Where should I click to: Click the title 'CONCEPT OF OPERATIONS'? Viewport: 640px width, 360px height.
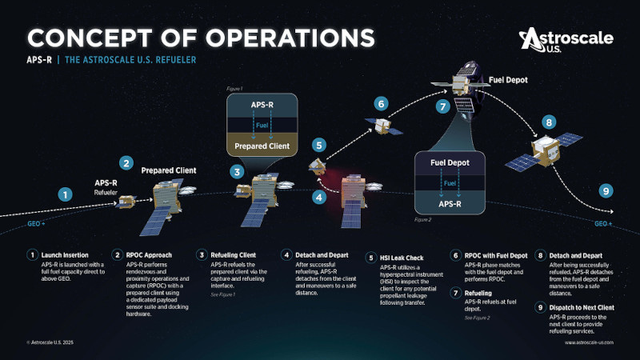pyautogui.click(x=200, y=38)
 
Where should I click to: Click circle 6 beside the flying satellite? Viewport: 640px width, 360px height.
pyautogui.click(x=382, y=103)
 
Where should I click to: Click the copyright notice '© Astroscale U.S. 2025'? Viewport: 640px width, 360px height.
pyautogui.click(x=52, y=342)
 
